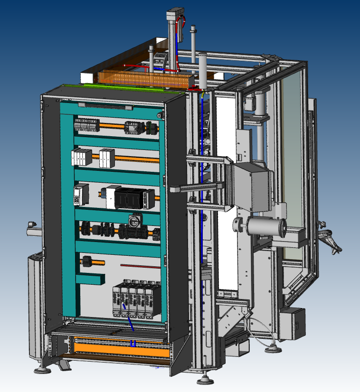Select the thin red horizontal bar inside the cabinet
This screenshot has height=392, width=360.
[140, 266]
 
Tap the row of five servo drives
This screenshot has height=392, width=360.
[136, 299]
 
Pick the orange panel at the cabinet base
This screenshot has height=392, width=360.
[119, 349]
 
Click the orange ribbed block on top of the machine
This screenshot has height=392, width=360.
[142, 79]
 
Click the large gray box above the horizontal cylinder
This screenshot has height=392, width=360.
[252, 187]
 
